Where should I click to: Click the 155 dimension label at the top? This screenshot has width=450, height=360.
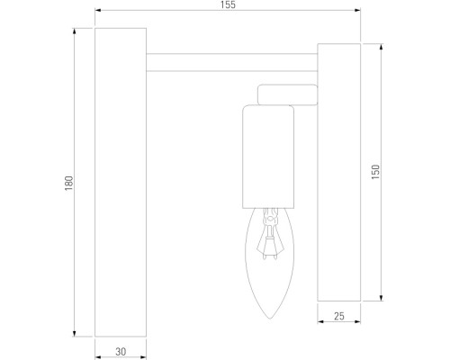pyautogui.click(x=227, y=5)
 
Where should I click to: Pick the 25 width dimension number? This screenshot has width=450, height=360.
pyautogui.click(x=338, y=317)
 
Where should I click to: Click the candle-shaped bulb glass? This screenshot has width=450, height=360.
pyautogui.click(x=270, y=270)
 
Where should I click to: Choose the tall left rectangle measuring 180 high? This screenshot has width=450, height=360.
pyautogui.click(x=120, y=180)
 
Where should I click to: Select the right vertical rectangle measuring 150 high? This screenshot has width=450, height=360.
pyautogui.click(x=339, y=171)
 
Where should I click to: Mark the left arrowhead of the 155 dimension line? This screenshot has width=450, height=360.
pyautogui.click(x=98, y=13)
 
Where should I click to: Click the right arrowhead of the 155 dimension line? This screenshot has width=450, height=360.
pyautogui.click(x=357, y=13)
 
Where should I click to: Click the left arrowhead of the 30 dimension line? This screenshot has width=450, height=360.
pyautogui.click(x=98, y=346)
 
